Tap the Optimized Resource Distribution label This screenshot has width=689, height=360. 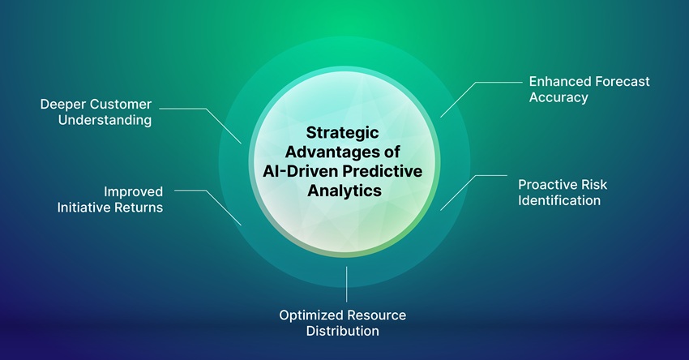point(343,322)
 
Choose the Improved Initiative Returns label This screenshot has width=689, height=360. point(109,199)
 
